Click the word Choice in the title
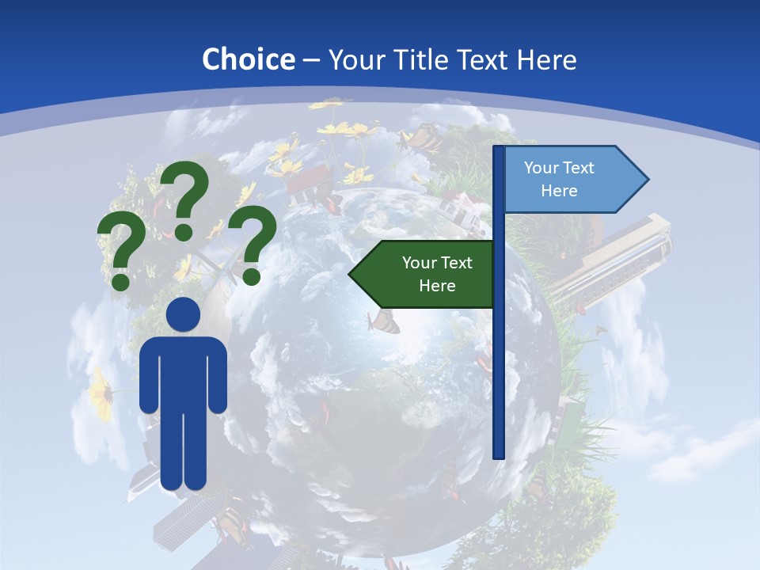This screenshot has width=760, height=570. tap(248, 59)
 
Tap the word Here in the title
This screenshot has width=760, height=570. tap(546, 59)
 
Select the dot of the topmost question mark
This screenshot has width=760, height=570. tap(184, 231)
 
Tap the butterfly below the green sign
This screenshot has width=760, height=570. tap(384, 321)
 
